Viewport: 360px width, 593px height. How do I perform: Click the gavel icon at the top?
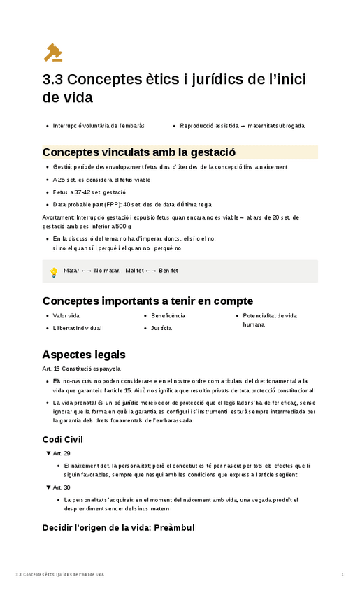(53, 52)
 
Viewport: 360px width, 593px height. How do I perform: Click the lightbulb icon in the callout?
(53, 272)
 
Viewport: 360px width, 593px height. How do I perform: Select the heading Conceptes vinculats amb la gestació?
(138, 152)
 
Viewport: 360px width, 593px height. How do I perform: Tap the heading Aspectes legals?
(84, 355)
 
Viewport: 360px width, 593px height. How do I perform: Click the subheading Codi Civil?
(63, 439)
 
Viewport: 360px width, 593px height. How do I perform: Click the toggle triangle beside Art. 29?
(47, 453)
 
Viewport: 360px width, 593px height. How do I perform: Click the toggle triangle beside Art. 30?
(47, 487)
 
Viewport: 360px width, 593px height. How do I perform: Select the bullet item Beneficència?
(168, 316)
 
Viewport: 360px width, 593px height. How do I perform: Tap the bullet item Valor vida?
(66, 316)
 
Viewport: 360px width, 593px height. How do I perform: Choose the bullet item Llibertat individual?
(77, 328)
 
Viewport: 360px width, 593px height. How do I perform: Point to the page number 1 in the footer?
(343, 575)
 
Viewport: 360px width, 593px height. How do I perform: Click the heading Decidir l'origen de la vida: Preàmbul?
(118, 527)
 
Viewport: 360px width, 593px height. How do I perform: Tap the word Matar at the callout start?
(71, 270)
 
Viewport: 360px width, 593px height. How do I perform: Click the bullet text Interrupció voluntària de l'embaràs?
(99, 126)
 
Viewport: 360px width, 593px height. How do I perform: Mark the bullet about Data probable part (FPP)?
(132, 204)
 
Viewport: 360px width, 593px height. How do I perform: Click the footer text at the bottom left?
(59, 575)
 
